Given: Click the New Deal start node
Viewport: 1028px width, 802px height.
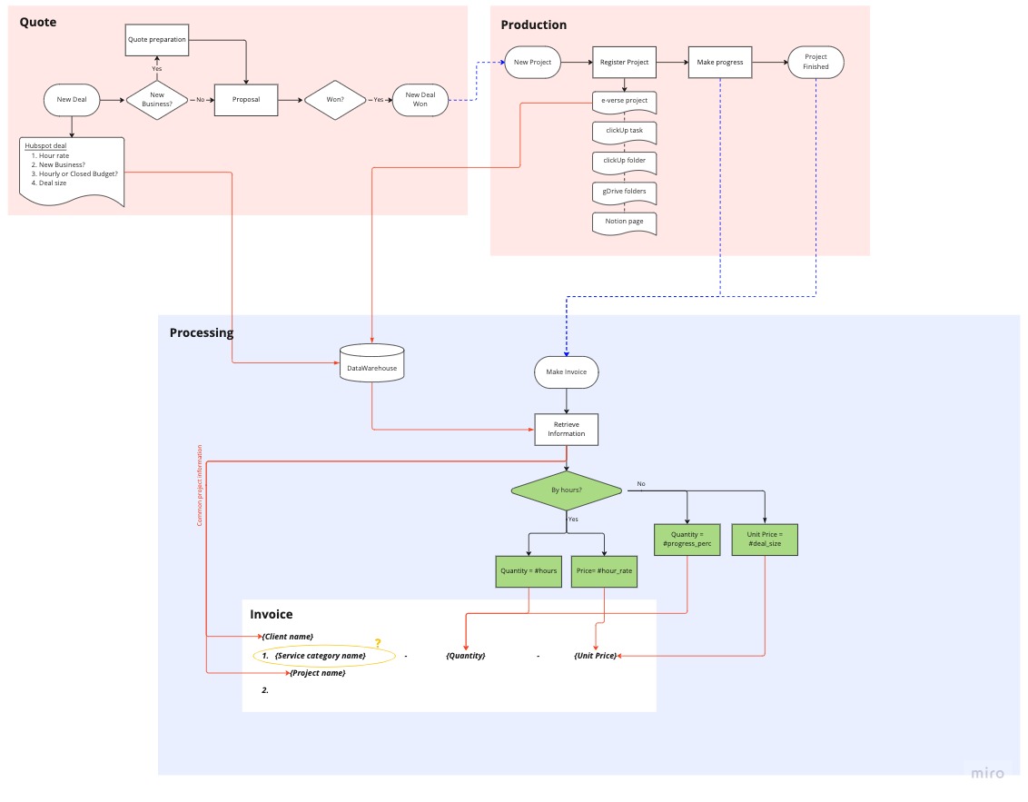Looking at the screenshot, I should pyautogui.click(x=72, y=100).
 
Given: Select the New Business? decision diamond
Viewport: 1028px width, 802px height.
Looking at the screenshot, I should pyautogui.click(x=157, y=100).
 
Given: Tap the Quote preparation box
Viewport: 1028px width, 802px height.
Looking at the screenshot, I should pyautogui.click(x=156, y=39).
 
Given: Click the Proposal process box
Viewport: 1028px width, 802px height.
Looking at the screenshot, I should pyautogui.click(x=245, y=100).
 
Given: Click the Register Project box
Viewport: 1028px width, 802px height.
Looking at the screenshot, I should pyautogui.click(x=624, y=63).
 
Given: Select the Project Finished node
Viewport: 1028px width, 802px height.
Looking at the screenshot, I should pyautogui.click(x=815, y=63).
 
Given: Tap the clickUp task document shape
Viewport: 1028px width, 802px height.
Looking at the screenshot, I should pyautogui.click(x=624, y=131).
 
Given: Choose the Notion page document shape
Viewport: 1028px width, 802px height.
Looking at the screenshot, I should pyautogui.click(x=624, y=222).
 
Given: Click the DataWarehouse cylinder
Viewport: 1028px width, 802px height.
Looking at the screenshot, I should pyautogui.click(x=371, y=363).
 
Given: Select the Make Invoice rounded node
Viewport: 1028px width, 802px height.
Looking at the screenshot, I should pyautogui.click(x=567, y=371).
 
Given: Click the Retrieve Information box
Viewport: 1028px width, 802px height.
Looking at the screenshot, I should pyautogui.click(x=567, y=429).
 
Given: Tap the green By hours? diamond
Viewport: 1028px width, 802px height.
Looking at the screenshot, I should pyautogui.click(x=567, y=490).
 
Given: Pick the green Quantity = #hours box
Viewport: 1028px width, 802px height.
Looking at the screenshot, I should pyautogui.click(x=529, y=571).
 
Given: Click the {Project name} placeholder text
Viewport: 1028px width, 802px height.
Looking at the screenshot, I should pyautogui.click(x=317, y=673).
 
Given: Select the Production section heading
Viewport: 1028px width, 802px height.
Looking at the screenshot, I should pyautogui.click(x=533, y=25).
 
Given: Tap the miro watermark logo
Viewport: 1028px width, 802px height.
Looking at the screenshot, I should pyautogui.click(x=987, y=773).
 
